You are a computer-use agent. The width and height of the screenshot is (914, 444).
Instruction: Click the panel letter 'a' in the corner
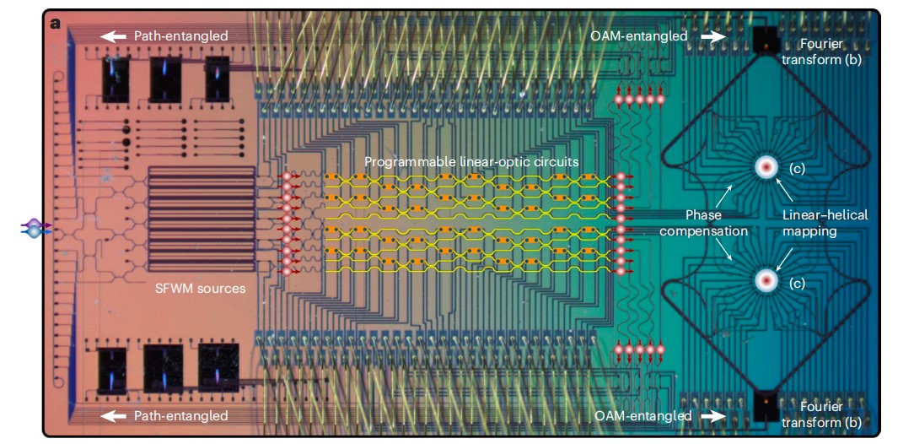(56, 23)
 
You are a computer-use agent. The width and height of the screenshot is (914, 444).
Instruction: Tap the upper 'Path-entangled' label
(180, 36)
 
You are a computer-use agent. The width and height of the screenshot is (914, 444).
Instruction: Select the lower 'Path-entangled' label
(180, 415)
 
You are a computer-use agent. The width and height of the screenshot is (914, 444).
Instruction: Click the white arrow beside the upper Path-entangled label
(112, 36)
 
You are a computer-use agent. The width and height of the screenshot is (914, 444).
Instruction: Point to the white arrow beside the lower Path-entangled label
(112, 415)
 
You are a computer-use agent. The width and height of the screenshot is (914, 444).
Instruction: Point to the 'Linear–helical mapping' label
(824, 223)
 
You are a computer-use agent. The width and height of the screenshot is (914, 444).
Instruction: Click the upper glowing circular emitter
(766, 167)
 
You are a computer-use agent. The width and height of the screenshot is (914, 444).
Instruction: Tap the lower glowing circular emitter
(766, 279)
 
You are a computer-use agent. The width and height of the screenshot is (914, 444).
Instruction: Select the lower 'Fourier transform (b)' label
(821, 414)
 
